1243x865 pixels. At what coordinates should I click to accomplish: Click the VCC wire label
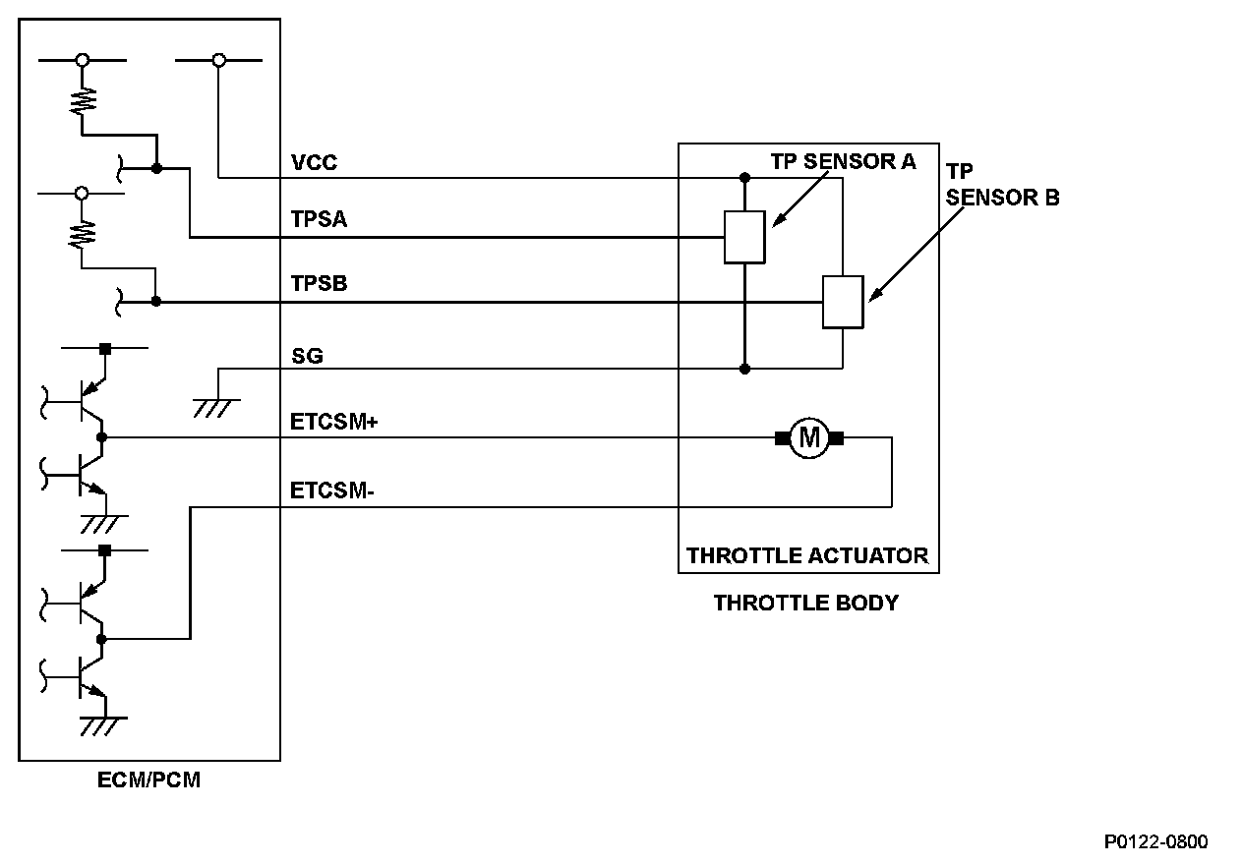tap(314, 162)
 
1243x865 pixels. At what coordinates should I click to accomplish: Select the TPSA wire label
tap(319, 220)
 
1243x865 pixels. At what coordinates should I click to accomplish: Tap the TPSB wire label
tap(319, 284)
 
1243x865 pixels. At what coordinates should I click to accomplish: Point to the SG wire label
tap(307, 356)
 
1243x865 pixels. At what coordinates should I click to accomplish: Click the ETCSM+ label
tap(334, 422)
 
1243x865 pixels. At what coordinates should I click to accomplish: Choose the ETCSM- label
tap(332, 490)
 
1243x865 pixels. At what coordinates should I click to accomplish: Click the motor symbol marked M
tap(809, 437)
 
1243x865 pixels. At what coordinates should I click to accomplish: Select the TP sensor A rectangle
tap(744, 237)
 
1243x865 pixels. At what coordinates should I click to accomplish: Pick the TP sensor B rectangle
tap(843, 302)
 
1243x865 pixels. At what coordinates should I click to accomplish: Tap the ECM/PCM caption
tap(150, 781)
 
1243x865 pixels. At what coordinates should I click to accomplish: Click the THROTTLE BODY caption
tap(805, 603)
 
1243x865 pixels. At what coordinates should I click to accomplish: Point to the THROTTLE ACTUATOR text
tap(806, 555)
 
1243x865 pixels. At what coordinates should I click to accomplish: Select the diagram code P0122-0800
tap(1155, 841)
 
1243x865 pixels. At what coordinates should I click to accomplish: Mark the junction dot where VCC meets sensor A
tap(744, 178)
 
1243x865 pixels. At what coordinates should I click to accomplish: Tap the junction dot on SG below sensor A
tap(744, 369)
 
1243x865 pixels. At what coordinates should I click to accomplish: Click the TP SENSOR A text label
tap(843, 162)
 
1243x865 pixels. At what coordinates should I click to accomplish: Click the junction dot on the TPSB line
tap(156, 302)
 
